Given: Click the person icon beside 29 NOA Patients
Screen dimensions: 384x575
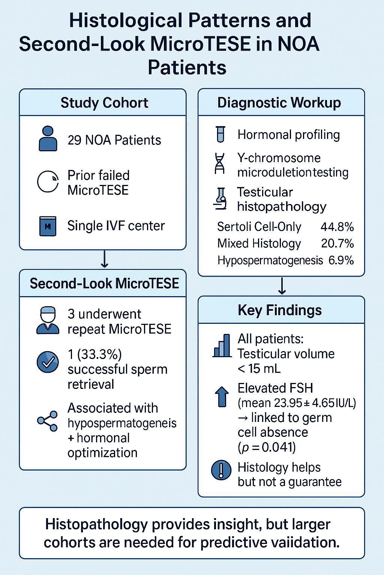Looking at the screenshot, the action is [48, 139].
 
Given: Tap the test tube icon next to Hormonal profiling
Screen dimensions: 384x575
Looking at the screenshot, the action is [220, 134].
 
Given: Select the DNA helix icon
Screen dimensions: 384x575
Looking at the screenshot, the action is [220, 164].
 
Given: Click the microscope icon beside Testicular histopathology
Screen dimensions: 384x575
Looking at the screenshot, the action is [220, 199].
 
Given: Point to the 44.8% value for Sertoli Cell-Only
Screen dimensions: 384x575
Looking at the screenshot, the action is [337, 227].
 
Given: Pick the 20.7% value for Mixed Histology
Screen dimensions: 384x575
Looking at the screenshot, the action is [337, 243].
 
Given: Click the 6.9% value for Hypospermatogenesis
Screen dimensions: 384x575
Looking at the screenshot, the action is [341, 260].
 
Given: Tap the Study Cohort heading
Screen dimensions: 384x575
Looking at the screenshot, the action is [104, 103].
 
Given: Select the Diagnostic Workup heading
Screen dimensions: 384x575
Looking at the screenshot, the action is [279, 103].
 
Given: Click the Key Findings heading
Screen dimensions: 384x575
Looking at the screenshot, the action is [280, 310].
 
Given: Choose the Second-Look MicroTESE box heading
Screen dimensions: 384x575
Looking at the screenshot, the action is [104, 283].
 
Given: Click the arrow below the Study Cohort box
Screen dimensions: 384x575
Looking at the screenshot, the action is [104, 259].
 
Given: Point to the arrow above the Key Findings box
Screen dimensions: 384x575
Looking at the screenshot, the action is [282, 286].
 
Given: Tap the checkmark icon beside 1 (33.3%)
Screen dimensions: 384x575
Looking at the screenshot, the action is [48, 362].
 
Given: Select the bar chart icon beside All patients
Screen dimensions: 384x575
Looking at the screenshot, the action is [222, 346].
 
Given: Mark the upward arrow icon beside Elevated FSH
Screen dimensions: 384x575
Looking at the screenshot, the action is [222, 396].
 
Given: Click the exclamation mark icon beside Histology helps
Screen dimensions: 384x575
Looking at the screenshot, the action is [221, 471].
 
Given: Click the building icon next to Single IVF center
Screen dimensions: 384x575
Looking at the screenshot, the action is [48, 226].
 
